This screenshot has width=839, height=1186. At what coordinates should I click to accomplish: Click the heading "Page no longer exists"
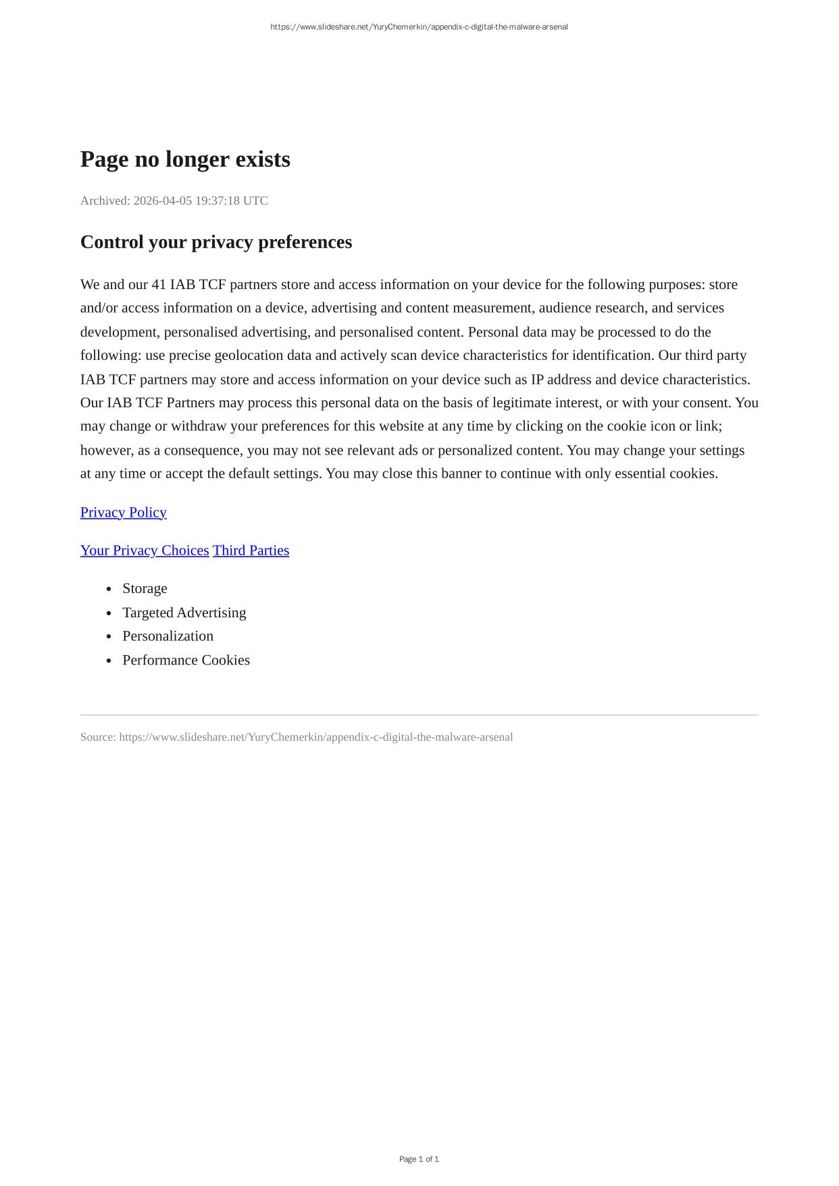coord(185,159)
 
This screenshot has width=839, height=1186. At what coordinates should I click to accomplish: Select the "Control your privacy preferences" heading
coord(216,242)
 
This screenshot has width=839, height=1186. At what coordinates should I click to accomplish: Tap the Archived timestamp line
coord(174,201)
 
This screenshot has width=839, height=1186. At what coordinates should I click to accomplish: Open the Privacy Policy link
coord(124,512)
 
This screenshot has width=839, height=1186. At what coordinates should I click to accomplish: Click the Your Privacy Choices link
coord(145,550)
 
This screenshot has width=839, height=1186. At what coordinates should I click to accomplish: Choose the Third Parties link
coord(251,550)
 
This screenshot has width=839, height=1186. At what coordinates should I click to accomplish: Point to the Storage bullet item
coord(145,588)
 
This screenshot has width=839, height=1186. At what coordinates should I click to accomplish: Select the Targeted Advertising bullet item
coord(184,613)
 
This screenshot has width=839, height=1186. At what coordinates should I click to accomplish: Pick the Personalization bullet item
coord(168,636)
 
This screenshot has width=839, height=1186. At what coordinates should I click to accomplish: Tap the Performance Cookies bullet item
coord(186,660)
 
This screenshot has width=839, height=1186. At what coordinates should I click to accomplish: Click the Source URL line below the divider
coord(297,737)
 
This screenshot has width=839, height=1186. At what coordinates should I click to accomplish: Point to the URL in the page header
coord(419,27)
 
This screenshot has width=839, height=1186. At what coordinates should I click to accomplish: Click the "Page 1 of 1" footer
coord(419,1159)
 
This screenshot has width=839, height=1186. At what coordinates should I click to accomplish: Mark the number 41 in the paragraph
coord(159,284)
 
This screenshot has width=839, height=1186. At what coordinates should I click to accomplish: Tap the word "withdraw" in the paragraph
coord(199,426)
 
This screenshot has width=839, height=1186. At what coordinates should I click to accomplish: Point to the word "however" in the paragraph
coord(105,450)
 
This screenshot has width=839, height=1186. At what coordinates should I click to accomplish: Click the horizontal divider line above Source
coord(419,715)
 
